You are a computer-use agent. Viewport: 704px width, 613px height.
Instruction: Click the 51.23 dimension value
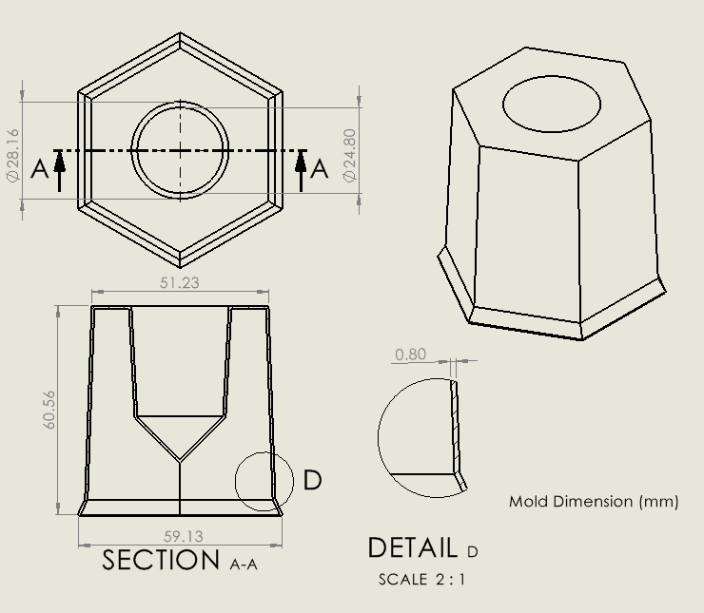180,282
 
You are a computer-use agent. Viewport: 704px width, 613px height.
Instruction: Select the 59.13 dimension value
184,537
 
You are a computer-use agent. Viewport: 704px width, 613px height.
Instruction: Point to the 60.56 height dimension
50,410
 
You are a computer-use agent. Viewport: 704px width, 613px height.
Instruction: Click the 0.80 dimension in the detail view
410,354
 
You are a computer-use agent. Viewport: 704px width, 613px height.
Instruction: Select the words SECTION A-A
180,561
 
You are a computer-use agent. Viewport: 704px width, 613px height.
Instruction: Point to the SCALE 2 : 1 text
422,579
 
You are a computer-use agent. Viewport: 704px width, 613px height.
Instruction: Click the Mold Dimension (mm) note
594,501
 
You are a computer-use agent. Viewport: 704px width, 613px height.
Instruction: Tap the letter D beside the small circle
312,481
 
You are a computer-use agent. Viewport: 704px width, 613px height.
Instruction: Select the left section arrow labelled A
60,169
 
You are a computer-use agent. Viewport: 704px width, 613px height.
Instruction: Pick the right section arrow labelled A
302,169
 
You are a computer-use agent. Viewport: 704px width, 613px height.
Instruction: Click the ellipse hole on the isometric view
552,104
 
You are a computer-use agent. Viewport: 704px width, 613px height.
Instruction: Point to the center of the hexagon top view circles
180,150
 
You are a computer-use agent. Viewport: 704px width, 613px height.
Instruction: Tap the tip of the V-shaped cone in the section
180,462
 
